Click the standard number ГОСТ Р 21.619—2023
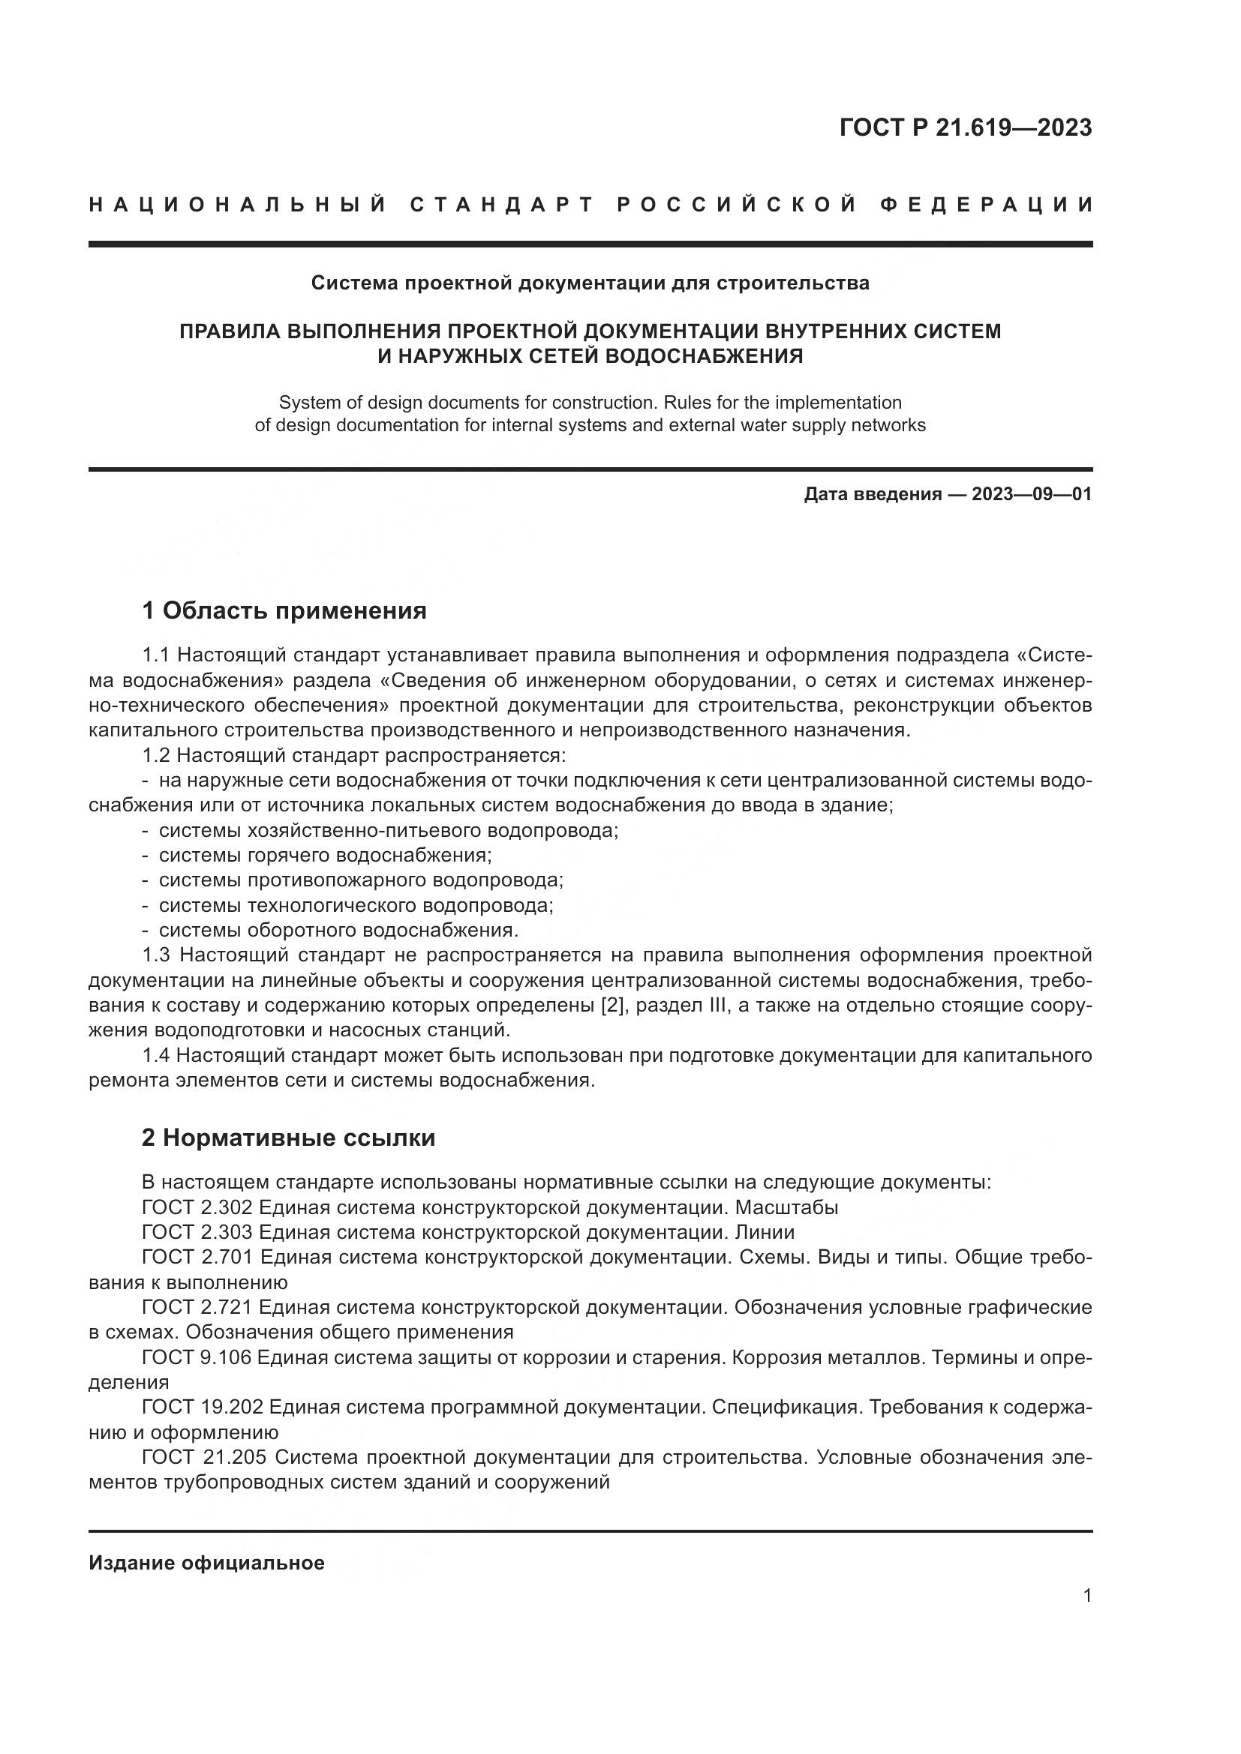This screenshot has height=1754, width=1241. click(x=965, y=127)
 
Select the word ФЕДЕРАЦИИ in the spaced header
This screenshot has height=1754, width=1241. click(x=987, y=205)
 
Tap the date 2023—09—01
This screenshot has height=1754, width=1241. click(x=1031, y=494)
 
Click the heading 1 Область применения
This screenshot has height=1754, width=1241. click(x=284, y=610)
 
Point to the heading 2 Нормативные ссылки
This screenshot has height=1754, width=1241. click(x=288, y=1138)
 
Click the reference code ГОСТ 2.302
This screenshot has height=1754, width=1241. click(x=198, y=1207)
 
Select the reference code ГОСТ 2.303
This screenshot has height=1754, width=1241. click(x=198, y=1232)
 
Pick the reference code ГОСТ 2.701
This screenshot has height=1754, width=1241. click(x=198, y=1258)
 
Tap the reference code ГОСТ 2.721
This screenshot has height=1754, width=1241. click(x=198, y=1307)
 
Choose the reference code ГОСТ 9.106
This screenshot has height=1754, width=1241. click(x=198, y=1357)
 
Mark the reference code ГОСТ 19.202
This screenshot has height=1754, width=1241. click(x=203, y=1407)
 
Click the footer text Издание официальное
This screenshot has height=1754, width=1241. click(x=206, y=1563)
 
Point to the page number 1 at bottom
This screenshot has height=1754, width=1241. click(x=1087, y=1595)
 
